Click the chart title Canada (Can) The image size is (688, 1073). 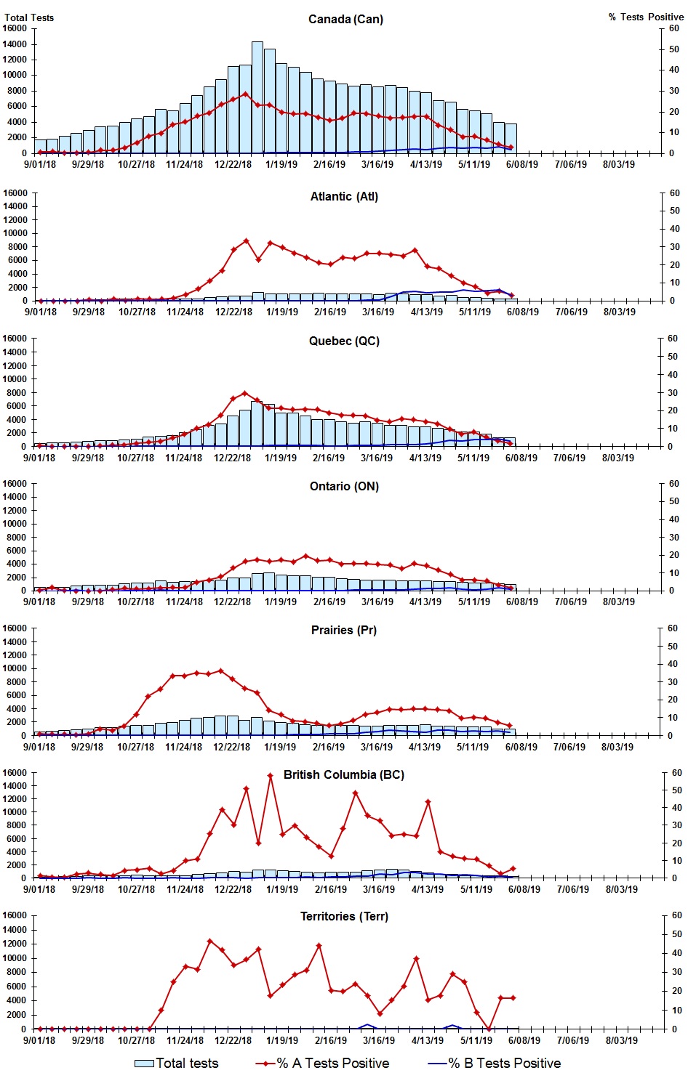click(345, 19)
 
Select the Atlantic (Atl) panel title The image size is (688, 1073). click(344, 196)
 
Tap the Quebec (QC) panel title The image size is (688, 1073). click(344, 341)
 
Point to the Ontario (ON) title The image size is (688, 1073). click(344, 486)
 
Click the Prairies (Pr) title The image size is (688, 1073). click(344, 630)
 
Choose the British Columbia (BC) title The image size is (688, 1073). click(344, 774)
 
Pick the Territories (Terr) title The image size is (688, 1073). click(344, 916)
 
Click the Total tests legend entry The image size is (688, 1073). click(177, 1063)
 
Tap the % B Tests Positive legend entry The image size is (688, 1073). click(495, 1063)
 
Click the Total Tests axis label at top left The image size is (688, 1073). click(29, 17)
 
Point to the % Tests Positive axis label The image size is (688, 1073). click(646, 17)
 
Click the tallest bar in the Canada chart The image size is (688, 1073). click(257, 97)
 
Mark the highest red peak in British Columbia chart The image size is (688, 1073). click(270, 776)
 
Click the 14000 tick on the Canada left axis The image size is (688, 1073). click(15, 44)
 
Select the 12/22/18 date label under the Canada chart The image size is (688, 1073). click(233, 164)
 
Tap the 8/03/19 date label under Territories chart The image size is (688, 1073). click(622, 1040)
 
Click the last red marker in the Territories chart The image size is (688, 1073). click(513, 997)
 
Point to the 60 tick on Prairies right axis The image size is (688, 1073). click(673, 628)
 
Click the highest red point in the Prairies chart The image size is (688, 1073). click(221, 671)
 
